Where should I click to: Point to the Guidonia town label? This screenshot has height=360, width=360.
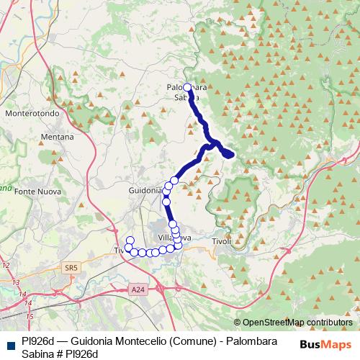pos(144,190)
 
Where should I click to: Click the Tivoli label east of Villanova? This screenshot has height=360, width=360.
pos(222,241)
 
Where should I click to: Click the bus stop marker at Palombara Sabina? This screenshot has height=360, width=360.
pos(187,87)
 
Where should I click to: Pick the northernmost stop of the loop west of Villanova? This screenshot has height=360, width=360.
pos(130,240)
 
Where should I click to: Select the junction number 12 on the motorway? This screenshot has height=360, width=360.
pos(6,266)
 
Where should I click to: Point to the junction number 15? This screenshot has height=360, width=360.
pos(30,316)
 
